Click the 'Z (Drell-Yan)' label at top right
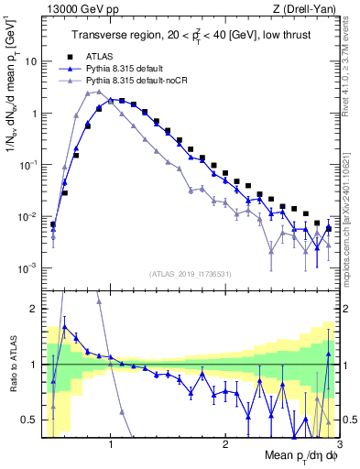pos(310,10)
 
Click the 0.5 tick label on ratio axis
pos(27,420)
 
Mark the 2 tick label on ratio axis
pos(32,309)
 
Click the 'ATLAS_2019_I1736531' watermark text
pos(191,273)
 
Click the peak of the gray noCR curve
pos(98,92)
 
